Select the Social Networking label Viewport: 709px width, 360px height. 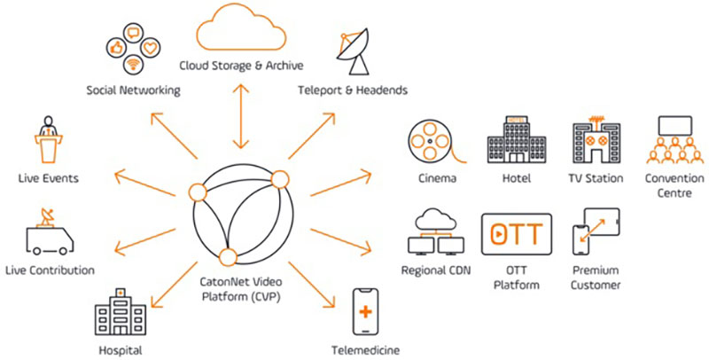[133, 90]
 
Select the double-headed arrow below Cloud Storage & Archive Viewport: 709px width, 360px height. [238, 114]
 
